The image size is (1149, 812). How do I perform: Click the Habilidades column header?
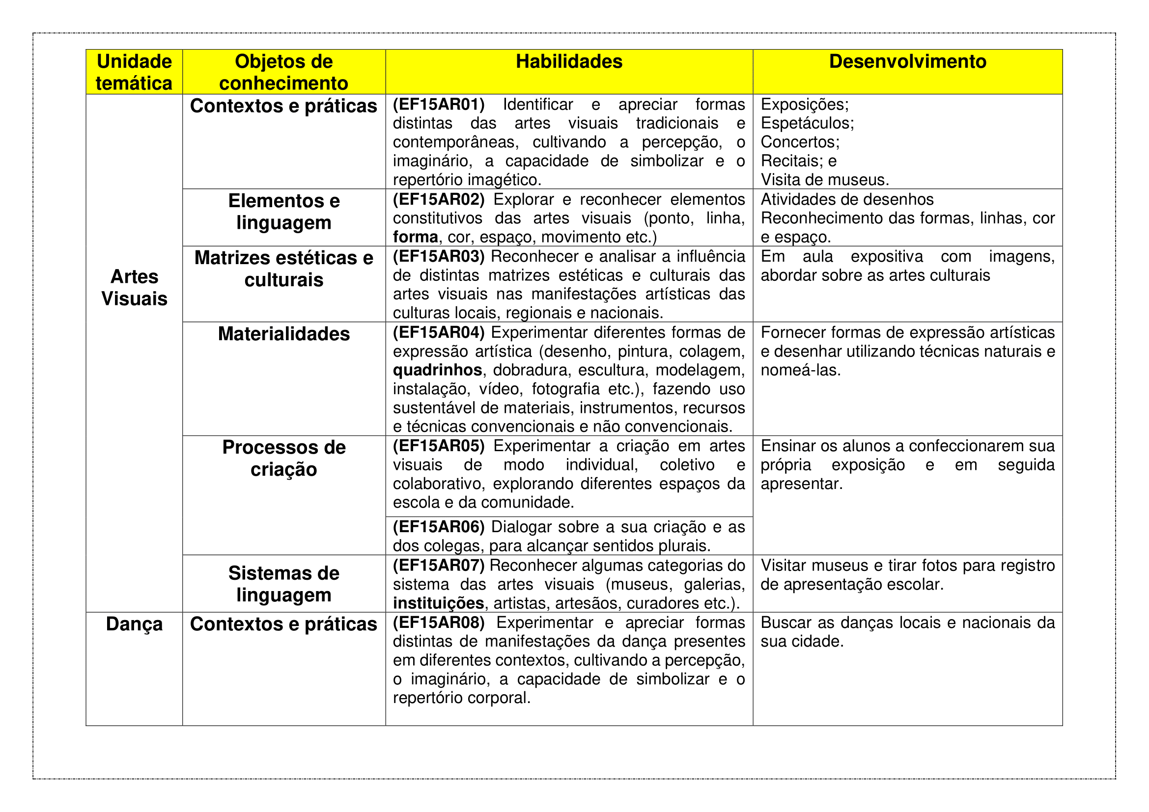click(569, 62)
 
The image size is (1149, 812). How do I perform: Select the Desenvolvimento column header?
click(907, 62)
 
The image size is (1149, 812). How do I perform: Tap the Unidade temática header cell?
click(134, 72)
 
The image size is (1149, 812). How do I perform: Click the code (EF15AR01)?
click(439, 105)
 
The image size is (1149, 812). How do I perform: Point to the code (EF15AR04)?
click(439, 332)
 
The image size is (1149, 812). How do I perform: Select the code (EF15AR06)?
click(439, 527)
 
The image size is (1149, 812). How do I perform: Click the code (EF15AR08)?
click(439, 623)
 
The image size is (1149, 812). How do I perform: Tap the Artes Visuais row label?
click(134, 288)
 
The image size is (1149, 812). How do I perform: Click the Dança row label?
click(134, 624)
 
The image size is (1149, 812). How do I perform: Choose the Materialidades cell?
click(284, 334)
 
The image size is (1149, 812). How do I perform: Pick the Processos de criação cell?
click(284, 458)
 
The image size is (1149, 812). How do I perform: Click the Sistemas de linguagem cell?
click(284, 584)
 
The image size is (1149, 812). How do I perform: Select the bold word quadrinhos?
click(437, 370)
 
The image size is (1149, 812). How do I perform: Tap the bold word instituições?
click(438, 603)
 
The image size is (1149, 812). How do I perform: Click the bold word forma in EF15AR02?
click(416, 237)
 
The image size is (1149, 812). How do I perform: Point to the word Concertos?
click(800, 142)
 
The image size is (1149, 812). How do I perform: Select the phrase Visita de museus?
click(825, 180)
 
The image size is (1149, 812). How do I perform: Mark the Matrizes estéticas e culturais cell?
click(284, 269)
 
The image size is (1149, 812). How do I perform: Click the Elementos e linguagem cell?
click(284, 212)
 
